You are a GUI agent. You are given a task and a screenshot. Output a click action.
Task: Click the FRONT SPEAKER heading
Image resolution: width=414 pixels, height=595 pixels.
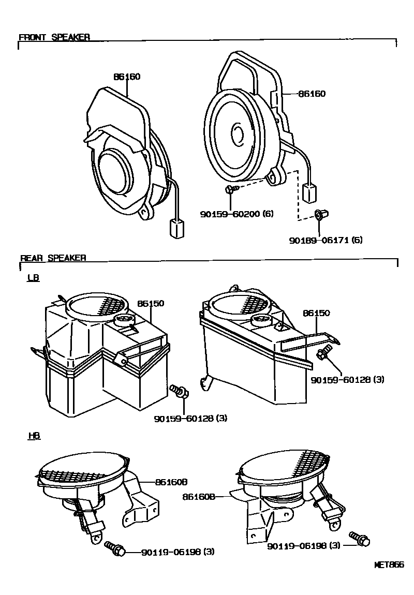54,37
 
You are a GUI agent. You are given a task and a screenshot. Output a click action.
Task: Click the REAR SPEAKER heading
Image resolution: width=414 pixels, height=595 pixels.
53,258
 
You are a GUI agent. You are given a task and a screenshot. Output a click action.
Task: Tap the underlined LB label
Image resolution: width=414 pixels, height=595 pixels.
33,278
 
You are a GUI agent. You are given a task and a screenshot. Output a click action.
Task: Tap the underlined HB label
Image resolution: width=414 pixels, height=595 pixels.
33,436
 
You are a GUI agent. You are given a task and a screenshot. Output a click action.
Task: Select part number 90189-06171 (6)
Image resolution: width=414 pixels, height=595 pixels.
326,240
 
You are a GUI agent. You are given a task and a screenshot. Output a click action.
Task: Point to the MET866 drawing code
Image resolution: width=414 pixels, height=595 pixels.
389,565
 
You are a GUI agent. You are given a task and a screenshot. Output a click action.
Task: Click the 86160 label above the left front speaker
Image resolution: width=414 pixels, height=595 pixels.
127,77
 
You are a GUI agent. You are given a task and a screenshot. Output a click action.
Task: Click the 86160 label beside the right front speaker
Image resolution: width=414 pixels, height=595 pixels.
312,94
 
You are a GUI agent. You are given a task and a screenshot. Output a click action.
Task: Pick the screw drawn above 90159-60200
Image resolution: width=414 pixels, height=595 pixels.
231,190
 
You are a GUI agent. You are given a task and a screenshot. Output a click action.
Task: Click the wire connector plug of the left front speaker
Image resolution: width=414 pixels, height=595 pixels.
176,228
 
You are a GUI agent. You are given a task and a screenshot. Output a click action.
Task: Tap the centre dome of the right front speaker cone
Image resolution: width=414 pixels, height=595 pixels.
239,133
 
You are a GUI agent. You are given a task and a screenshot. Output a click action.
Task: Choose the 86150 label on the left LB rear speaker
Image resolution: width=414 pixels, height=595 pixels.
151,303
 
